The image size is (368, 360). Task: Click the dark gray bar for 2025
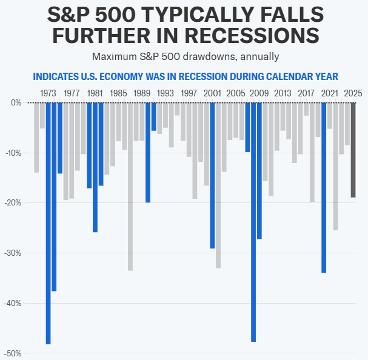point(353,150)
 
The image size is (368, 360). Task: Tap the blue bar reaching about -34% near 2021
point(324,187)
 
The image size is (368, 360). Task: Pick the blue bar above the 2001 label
point(212,175)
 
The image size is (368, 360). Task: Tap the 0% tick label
point(16,102)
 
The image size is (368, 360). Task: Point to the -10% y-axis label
point(13,153)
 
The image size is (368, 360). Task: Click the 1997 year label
point(189,93)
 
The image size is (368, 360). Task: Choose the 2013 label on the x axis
point(283,93)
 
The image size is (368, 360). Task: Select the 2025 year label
point(353,93)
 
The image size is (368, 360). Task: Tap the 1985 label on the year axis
point(119,93)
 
